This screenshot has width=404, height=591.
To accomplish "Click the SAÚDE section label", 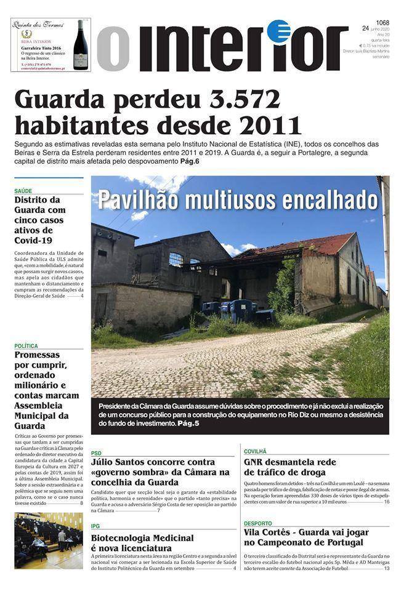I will point(23,191).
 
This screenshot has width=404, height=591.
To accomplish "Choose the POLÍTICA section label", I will point(26,346).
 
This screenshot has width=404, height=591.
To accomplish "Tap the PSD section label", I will point(96,453).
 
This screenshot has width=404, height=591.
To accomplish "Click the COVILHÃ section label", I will point(255,451).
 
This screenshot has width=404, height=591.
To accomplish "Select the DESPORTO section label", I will point(257,523).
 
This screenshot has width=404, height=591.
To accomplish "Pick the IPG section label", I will point(95,526).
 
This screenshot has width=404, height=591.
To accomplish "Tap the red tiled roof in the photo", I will point(320,244).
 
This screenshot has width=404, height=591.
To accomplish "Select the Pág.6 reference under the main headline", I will point(188,161).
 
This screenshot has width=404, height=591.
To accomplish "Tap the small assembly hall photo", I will point(48,541).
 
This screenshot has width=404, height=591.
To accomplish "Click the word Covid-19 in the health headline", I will point(33,240).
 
